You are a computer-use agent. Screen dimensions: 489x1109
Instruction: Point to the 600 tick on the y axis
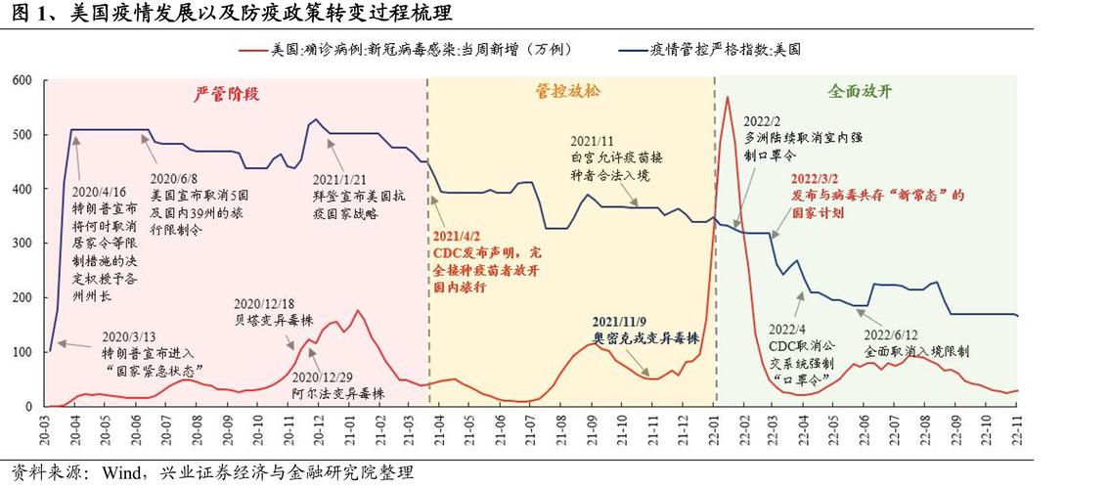(22, 80)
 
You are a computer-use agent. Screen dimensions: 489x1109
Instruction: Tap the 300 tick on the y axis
(22, 243)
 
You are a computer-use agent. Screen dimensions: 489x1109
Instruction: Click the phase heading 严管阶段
(231, 93)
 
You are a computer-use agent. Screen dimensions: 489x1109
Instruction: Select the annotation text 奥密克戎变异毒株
(645, 337)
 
